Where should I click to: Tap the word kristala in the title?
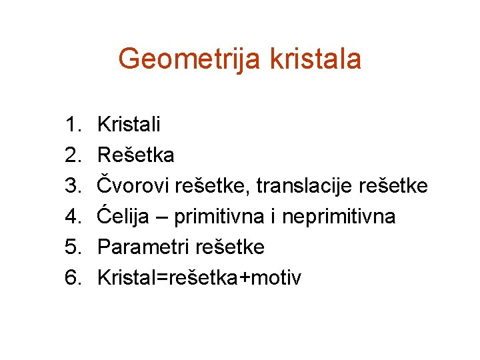tap(315, 59)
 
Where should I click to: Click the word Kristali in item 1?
tap(129, 125)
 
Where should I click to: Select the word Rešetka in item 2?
tap(136, 155)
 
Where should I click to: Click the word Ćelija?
tap(124, 217)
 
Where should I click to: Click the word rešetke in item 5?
tap(230, 247)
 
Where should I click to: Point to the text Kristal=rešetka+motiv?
tap(199, 278)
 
